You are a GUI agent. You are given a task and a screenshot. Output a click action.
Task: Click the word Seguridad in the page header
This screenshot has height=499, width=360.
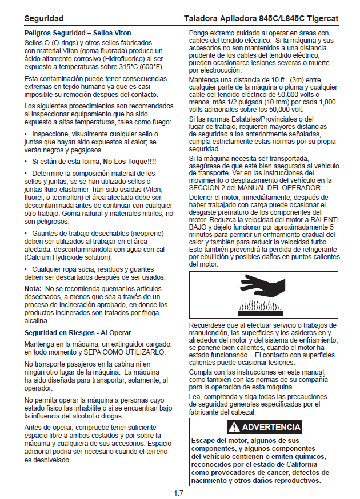click(x=44, y=19)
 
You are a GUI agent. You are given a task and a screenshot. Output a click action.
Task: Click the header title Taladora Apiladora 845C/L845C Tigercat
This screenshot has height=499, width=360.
click(x=261, y=19)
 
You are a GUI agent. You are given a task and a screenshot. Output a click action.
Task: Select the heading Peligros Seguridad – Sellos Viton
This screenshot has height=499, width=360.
click(x=78, y=34)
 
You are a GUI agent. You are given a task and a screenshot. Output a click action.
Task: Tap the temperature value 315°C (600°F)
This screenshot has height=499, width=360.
click(x=139, y=67)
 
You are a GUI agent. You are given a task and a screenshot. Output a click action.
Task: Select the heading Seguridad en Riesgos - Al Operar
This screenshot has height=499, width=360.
click(x=78, y=332)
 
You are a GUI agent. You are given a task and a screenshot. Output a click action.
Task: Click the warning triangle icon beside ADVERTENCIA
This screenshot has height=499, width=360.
click(x=234, y=427)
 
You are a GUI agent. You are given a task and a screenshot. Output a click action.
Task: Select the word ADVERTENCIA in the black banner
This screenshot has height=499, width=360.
click(x=271, y=427)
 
